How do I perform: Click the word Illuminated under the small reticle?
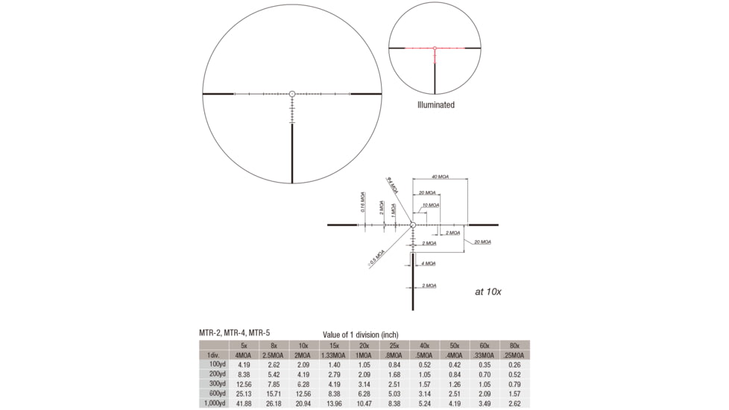[x=435, y=105]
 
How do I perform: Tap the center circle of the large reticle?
[x=292, y=94]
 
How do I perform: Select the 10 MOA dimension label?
[x=430, y=205]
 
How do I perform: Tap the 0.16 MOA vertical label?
[x=363, y=202]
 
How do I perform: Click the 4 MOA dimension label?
[x=429, y=263]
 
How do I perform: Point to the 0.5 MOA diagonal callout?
[x=376, y=256]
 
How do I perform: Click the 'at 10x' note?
[x=490, y=291]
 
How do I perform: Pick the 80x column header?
[x=514, y=345]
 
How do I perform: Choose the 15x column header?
[x=334, y=345]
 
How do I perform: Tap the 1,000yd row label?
[x=212, y=403]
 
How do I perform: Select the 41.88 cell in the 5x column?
[x=244, y=403]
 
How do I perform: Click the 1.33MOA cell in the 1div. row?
[x=334, y=355]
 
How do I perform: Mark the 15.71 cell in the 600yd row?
[x=274, y=394]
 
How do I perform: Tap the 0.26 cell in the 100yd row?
[x=514, y=365]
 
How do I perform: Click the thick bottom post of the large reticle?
[x=292, y=153]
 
